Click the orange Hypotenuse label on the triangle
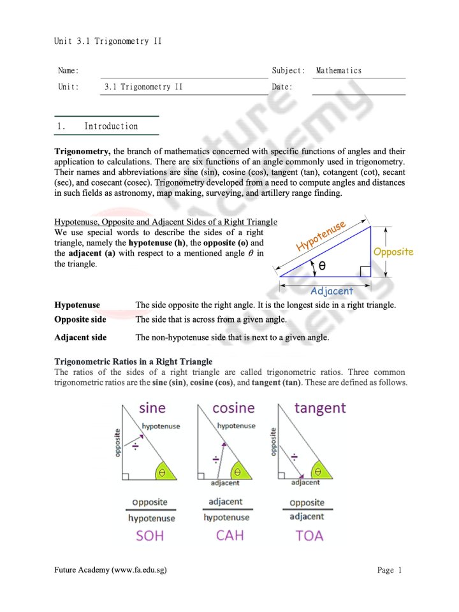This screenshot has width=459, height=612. pos(321,235)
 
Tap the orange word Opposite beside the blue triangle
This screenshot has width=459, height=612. pos(393,252)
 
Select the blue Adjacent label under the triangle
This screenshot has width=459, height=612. pos(331,291)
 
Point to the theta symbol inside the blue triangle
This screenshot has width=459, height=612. pos(323,265)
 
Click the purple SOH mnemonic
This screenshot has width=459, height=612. pos(150,535)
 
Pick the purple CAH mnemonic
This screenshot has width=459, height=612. pos(230,535)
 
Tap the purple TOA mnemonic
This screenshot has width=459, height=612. pos(309,535)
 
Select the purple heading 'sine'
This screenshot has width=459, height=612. pos(152,408)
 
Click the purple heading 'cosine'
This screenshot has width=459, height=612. pos(233,407)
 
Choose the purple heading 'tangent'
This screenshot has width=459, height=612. pos(320,407)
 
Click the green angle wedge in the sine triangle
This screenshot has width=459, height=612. pos(164,472)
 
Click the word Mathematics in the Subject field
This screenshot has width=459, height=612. pos(339,71)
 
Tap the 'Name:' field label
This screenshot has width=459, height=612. pos(68,71)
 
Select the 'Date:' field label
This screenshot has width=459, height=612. pos(282,87)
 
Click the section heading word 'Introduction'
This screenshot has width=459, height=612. pos(111,126)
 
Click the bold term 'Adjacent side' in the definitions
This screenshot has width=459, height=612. pos(80,337)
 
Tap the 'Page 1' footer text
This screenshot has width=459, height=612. pos(390,570)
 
